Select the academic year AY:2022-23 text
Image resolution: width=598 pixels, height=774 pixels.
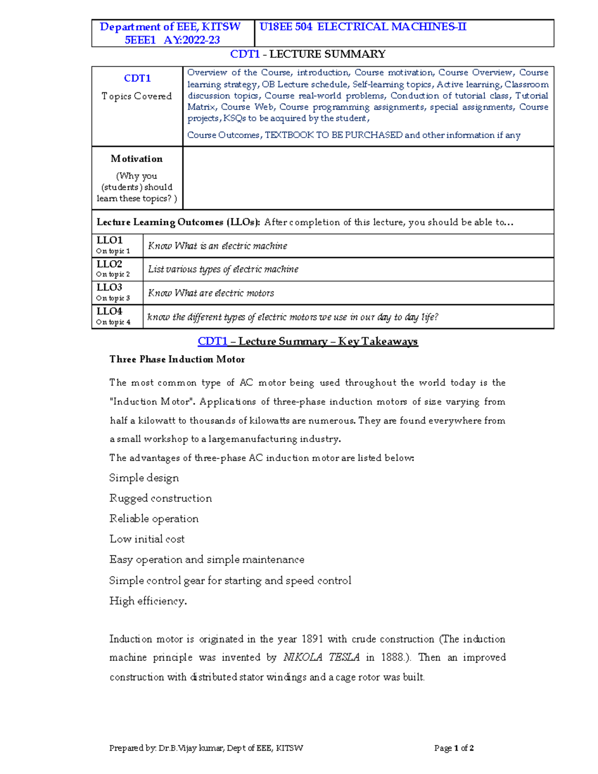click(x=192, y=40)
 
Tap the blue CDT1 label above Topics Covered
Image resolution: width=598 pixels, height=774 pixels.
click(x=137, y=78)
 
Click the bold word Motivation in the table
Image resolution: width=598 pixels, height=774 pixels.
click(x=137, y=159)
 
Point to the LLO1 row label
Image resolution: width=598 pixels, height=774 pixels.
click(x=110, y=240)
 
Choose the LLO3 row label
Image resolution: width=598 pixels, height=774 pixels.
click(x=110, y=288)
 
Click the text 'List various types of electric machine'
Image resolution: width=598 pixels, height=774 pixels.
click(x=223, y=269)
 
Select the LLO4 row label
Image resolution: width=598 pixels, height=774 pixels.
click(x=110, y=311)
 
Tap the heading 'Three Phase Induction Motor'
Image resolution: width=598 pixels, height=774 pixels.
click(x=177, y=359)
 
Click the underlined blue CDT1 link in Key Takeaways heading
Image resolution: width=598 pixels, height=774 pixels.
click(x=212, y=341)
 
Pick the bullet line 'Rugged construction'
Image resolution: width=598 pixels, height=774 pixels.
click(x=160, y=498)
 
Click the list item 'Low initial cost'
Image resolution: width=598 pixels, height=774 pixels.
click(x=147, y=539)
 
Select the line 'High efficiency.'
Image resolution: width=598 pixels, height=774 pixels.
click(x=148, y=601)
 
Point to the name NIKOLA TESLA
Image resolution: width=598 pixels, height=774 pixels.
click(x=321, y=657)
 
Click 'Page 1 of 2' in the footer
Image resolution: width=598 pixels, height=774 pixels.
click(x=453, y=748)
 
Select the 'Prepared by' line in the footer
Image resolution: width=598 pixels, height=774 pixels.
click(x=206, y=748)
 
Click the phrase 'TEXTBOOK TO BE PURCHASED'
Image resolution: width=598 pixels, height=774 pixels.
click(x=333, y=135)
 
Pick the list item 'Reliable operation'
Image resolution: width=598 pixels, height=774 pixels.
click(x=154, y=519)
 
